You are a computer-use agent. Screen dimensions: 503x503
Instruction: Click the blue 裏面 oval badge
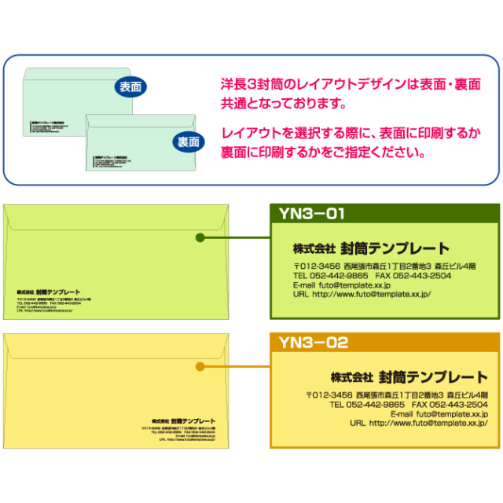188,142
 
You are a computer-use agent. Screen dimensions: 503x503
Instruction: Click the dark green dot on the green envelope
200,237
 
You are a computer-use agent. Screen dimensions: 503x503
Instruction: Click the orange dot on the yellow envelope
200,366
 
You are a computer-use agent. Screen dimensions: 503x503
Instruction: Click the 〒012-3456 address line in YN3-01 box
384,266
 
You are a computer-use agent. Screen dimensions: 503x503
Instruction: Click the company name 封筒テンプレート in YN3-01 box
395,248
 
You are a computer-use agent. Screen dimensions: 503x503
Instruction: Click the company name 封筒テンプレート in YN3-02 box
433,376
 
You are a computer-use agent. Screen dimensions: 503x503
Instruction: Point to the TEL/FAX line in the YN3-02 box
409,404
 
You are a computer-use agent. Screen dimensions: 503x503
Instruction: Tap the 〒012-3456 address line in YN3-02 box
397,395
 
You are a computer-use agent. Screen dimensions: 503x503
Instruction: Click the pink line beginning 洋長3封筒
351,84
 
